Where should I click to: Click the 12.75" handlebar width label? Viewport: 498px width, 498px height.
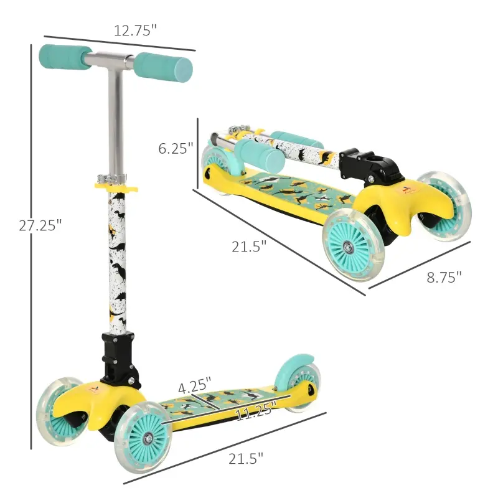click(x=134, y=30)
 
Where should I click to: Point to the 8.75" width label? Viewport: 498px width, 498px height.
click(x=444, y=277)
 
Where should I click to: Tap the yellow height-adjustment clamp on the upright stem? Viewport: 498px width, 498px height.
click(x=116, y=184)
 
